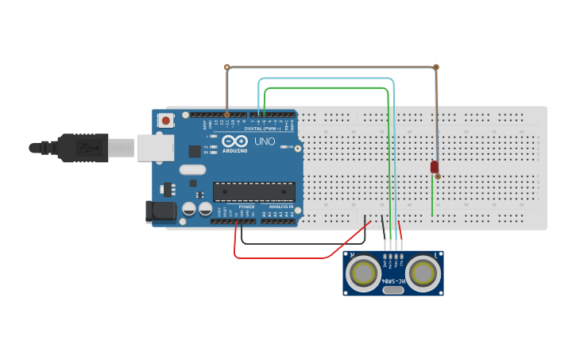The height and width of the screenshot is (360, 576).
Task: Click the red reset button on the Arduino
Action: point(165,121)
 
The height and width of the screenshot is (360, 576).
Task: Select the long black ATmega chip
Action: point(253,192)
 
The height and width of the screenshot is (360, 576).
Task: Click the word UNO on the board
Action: point(265,141)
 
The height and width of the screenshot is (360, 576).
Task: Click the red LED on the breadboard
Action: point(434,167)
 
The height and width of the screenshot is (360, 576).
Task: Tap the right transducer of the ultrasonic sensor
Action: point(423,273)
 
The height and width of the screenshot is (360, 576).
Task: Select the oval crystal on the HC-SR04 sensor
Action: point(393,290)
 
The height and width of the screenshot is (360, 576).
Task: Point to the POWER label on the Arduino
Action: point(247,207)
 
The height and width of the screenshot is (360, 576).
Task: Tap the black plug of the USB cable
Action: point(79,148)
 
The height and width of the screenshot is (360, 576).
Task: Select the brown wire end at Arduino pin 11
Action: point(227,114)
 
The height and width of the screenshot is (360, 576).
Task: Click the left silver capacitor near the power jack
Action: point(189,209)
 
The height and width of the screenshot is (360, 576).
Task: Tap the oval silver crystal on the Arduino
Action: point(192,169)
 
